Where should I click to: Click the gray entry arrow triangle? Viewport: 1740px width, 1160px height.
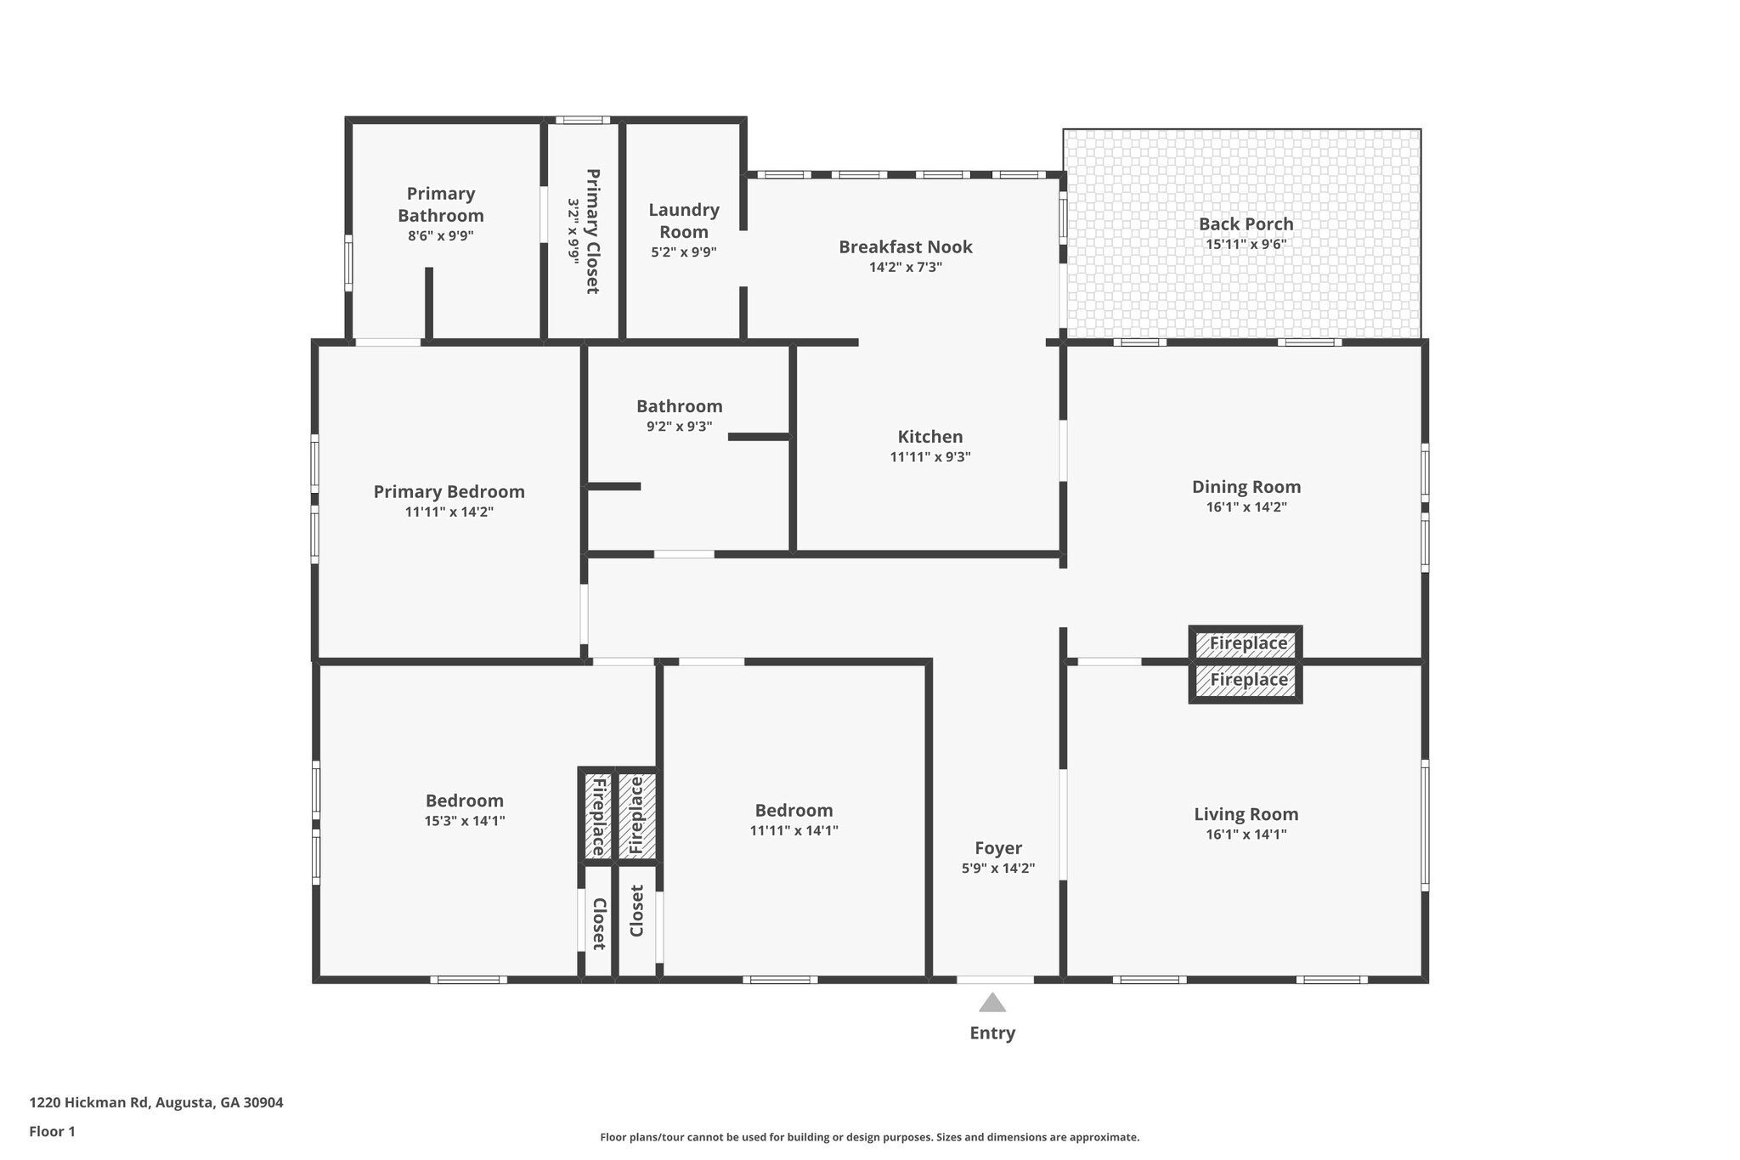(992, 1004)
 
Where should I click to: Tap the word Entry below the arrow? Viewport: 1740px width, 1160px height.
(992, 1033)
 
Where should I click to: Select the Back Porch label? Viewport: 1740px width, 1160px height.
(1246, 224)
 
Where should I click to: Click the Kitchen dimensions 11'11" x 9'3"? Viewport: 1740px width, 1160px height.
(930, 457)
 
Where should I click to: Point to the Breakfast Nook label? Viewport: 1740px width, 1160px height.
(906, 247)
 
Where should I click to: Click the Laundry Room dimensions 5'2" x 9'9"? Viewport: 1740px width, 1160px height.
(684, 252)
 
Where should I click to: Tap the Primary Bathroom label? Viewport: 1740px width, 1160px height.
(440, 205)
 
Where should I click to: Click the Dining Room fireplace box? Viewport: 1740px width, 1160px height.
(1246, 644)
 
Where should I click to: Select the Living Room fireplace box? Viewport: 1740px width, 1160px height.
(1246, 681)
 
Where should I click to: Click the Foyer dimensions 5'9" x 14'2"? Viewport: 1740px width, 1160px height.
(998, 869)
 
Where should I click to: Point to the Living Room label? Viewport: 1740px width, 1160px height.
(1246, 814)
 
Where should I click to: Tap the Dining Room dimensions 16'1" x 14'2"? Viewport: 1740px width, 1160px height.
(1246, 507)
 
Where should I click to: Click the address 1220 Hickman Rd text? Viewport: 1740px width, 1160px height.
(156, 1103)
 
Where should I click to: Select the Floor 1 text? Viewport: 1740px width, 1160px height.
(53, 1132)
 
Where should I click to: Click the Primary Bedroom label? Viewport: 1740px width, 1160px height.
(449, 492)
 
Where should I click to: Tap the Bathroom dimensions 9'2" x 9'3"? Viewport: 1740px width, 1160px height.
(679, 427)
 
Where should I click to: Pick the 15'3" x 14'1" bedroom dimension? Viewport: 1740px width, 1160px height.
(465, 821)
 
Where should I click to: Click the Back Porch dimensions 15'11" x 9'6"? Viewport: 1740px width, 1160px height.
(1246, 245)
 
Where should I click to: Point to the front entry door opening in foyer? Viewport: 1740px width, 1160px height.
(995, 980)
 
